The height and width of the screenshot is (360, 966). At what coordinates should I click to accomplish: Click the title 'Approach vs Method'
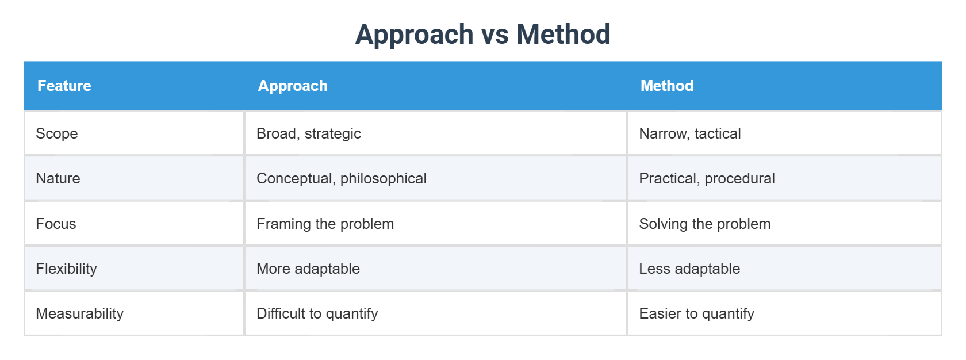click(x=482, y=35)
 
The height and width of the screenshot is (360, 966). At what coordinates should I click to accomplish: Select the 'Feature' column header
click(x=64, y=86)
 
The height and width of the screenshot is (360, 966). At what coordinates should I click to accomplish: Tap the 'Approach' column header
click(x=293, y=86)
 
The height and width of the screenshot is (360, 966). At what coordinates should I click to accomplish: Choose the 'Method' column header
click(x=667, y=86)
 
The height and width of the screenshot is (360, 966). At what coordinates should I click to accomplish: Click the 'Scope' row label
click(x=57, y=133)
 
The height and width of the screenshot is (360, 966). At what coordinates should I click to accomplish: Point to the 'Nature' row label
click(x=58, y=178)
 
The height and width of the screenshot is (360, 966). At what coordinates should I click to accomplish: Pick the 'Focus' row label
click(x=56, y=224)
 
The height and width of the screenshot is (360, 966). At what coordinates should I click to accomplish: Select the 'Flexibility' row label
click(x=67, y=269)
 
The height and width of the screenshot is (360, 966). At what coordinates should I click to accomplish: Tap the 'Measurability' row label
click(x=80, y=313)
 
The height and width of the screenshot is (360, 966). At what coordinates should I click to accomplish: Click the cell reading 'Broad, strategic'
click(x=309, y=133)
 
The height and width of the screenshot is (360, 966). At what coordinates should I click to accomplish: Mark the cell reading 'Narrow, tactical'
click(x=690, y=133)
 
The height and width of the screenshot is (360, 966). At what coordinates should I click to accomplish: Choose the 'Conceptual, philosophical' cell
click(x=342, y=178)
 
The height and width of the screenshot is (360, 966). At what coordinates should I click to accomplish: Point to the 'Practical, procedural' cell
click(x=707, y=178)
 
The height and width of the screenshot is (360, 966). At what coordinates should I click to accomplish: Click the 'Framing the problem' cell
click(x=325, y=224)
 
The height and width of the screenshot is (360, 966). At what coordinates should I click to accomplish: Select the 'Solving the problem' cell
click(x=705, y=224)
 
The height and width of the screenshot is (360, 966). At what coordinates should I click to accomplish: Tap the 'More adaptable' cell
click(x=308, y=269)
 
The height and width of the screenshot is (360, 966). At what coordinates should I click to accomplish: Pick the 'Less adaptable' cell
click(x=690, y=269)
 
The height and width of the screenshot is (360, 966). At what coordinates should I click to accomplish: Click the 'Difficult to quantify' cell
click(x=317, y=313)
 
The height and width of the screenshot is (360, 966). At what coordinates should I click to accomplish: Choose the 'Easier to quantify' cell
click(x=697, y=313)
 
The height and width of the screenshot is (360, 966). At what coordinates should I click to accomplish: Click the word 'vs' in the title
click(x=494, y=35)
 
